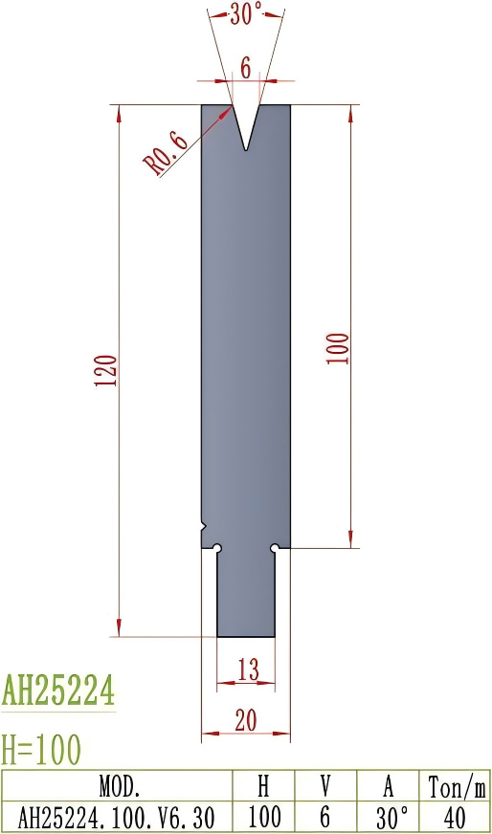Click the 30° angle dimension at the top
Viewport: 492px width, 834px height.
pyautogui.click(x=245, y=13)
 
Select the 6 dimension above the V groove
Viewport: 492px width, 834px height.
pyautogui.click(x=245, y=67)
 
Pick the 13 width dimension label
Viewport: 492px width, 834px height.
pyautogui.click(x=247, y=670)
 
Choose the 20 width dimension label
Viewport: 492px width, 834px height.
pyautogui.click(x=245, y=722)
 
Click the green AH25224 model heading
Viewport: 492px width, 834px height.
pyautogui.click(x=58, y=689)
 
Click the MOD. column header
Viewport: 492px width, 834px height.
pyautogui.click(x=120, y=787)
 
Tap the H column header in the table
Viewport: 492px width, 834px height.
pyautogui.click(x=263, y=787)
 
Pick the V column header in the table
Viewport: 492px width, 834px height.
pyautogui.click(x=324, y=787)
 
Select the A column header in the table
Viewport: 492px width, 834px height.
pyautogui.click(x=388, y=787)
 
